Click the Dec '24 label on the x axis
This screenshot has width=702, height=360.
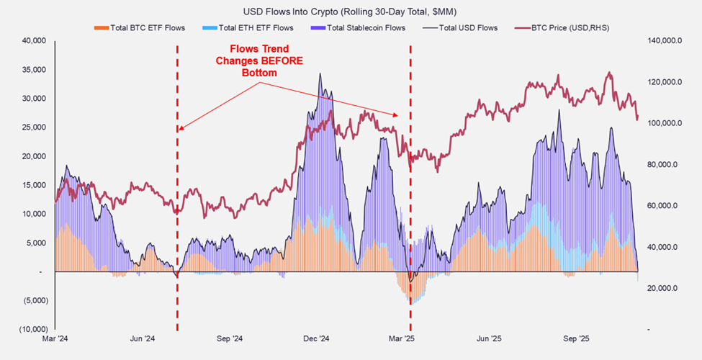(x=315, y=338)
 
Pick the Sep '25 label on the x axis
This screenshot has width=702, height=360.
(x=576, y=338)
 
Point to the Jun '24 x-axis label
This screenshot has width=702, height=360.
(x=143, y=338)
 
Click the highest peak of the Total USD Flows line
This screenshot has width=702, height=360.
(x=320, y=73)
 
